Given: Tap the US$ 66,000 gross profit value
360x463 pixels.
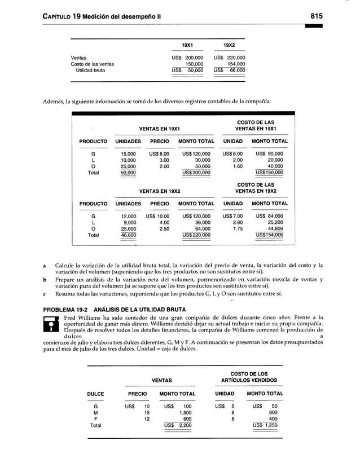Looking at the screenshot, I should (x=229, y=70).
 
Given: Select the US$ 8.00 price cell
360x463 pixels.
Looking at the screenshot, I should (x=159, y=153).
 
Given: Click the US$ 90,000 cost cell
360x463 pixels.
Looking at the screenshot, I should (x=269, y=153).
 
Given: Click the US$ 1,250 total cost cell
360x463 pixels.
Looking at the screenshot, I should (x=265, y=425).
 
